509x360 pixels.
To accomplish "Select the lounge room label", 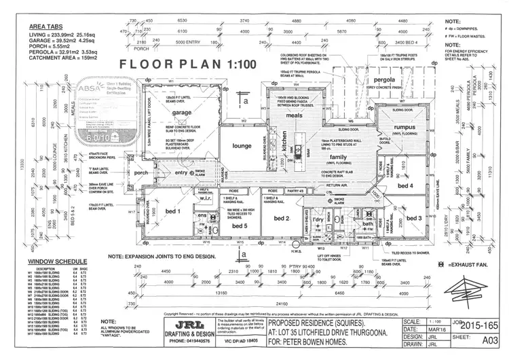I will pyautogui.click(x=242, y=145).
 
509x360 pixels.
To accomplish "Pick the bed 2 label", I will pyautogui.click(x=282, y=219).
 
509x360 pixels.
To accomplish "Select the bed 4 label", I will pyautogui.click(x=404, y=185).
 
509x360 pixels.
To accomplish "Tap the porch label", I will pyautogui.click(x=140, y=172).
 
